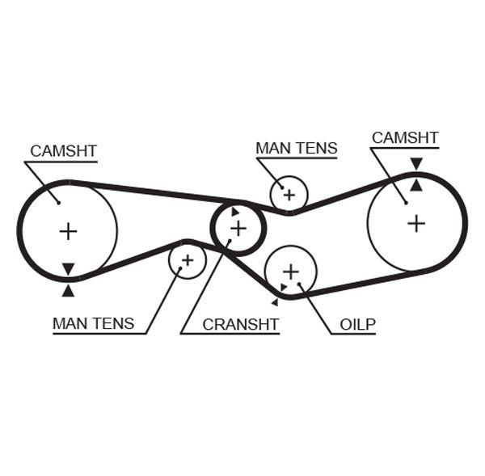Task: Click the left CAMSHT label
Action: pyautogui.click(x=63, y=151)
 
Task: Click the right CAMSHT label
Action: pyautogui.click(x=405, y=137)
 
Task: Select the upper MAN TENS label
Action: pyautogui.click(x=296, y=148)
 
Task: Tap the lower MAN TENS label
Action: pyautogui.click(x=93, y=323)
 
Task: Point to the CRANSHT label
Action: pyautogui.click(x=240, y=324)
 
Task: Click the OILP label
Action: pyautogui.click(x=357, y=324)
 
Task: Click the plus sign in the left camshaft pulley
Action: pyautogui.click(x=68, y=232)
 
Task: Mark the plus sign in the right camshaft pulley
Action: pyautogui.click(x=415, y=222)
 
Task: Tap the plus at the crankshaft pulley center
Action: pyautogui.click(x=238, y=229)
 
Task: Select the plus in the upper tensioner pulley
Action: pyautogui.click(x=289, y=194)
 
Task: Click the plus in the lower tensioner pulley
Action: pyautogui.click(x=188, y=260)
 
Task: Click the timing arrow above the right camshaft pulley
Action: pyautogui.click(x=415, y=164)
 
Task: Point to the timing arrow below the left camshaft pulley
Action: pyautogui.click(x=68, y=289)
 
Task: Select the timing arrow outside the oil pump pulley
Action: pyautogui.click(x=275, y=302)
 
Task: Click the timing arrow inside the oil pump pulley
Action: pyautogui.click(x=284, y=287)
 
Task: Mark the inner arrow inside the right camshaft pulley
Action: pyautogui.click(x=415, y=184)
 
